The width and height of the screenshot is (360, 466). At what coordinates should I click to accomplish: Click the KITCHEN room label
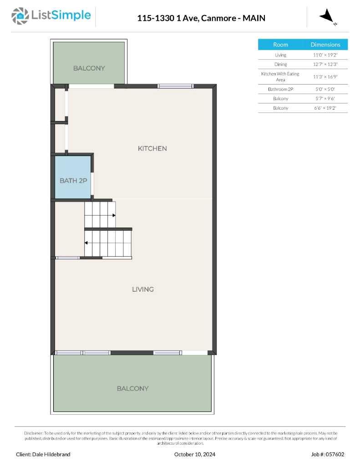pos(152,148)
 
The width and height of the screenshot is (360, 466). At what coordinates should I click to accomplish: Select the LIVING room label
pos(143,289)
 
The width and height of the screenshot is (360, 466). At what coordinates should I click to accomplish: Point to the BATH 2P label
pos(73,181)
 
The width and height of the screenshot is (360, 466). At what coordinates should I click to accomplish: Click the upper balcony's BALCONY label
pos(89,68)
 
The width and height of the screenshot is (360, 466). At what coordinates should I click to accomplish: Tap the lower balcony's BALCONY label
pos(132,389)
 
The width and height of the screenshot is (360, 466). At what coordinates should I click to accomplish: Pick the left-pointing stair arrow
pos(86,243)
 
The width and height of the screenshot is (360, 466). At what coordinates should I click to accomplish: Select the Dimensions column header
pos(325,45)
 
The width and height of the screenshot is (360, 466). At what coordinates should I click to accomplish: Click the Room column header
pos(280,45)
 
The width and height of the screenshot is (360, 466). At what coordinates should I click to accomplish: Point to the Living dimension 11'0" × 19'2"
pos(325,55)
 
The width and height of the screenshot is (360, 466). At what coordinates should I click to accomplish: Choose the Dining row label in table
pos(280,65)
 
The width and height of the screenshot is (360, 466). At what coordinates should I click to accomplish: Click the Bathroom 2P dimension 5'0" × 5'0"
pos(325,89)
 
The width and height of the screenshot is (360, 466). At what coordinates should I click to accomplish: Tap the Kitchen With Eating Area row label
pos(280,76)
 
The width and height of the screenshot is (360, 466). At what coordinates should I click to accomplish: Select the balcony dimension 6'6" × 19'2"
pos(325,108)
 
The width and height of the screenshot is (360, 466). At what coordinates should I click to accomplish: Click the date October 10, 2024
pos(195,454)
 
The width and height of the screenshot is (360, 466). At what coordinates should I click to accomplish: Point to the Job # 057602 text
pos(328,454)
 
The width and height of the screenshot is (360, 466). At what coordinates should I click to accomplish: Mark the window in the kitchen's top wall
pos(175,86)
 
